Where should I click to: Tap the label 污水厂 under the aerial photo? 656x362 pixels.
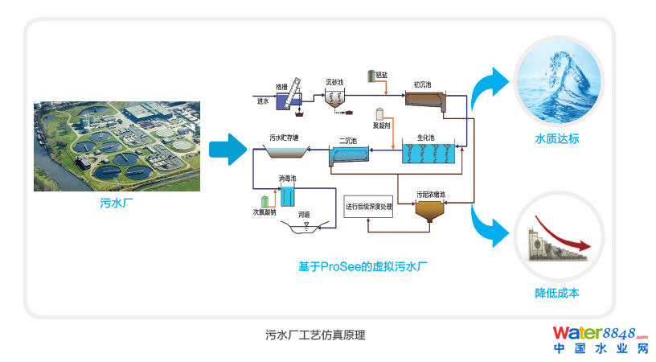[116, 204]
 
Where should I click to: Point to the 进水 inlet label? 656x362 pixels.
[263, 101]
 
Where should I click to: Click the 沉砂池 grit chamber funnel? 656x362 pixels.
[335, 99]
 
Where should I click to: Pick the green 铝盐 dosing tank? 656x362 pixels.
[371, 76]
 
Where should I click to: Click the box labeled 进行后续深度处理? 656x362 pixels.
[368, 207]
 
